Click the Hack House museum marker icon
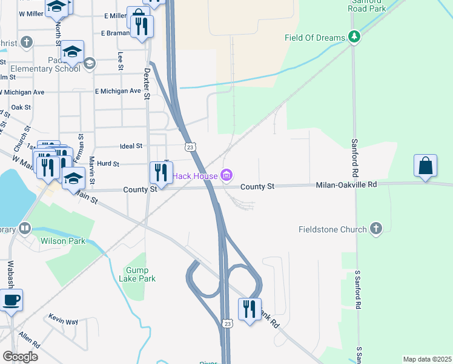[226, 176]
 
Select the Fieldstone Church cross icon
[376, 229]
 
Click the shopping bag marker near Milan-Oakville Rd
[425, 166]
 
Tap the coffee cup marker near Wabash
[12, 300]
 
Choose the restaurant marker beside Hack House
[161, 172]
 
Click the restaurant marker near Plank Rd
[250, 309]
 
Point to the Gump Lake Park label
[141, 274]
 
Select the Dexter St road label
[146, 83]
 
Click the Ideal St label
[131, 146]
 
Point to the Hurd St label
[108, 164]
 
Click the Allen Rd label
[28, 335]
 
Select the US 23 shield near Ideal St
[190, 147]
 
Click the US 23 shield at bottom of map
[226, 324]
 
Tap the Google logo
[20, 357]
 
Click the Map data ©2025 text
[427, 359]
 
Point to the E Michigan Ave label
[117, 91]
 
